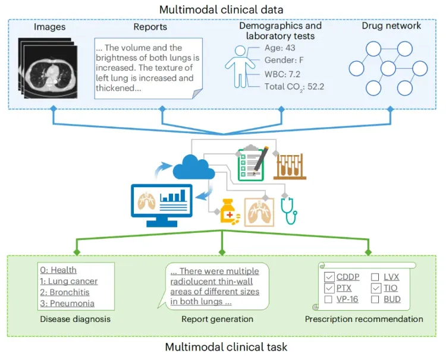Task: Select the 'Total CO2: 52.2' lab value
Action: click(294, 87)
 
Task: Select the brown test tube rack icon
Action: click(290, 163)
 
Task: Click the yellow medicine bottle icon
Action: click(231, 211)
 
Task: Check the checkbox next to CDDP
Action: click(329, 277)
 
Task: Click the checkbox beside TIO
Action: click(376, 288)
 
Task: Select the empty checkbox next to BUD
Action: click(376, 299)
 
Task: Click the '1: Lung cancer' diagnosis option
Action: click(68, 281)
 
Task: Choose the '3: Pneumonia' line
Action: click(67, 303)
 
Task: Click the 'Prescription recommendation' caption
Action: click(364, 319)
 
